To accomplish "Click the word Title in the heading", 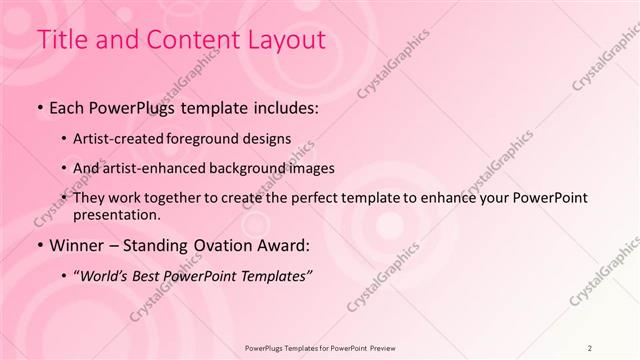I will click(x=62, y=40).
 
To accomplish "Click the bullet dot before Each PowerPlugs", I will click(x=39, y=107).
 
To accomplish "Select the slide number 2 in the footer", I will click(x=590, y=349).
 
